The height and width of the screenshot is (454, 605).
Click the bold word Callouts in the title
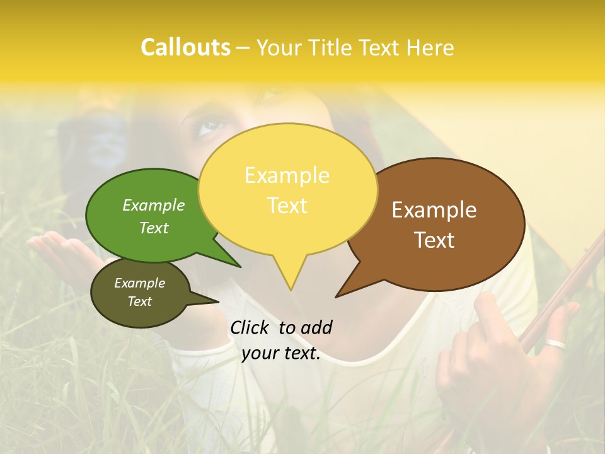coord(185,48)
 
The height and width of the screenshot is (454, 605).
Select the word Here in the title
coord(430,48)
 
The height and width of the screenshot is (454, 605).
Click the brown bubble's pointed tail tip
coord(337,296)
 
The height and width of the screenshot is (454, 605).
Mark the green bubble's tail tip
coord(240,267)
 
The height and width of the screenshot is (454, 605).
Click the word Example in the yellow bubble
coord(287,175)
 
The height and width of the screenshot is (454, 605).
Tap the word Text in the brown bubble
coord(435,240)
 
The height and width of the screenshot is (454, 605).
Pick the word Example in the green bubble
coord(154,206)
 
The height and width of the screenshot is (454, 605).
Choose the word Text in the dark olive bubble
coord(140,301)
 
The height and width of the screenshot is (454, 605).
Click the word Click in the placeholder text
coord(251,327)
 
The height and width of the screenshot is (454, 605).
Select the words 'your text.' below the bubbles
coord(281,354)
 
